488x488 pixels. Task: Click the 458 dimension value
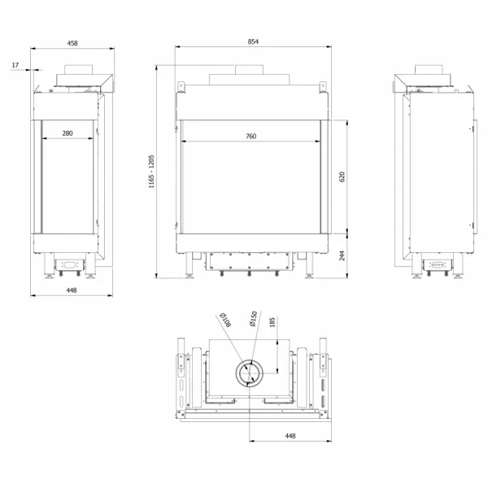click(72, 43)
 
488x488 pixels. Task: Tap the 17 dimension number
click(15, 65)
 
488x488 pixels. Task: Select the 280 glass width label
click(68, 133)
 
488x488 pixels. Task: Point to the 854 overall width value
click(253, 41)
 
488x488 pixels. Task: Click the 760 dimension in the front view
click(251, 136)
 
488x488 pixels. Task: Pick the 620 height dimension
click(342, 176)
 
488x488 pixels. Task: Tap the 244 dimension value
click(342, 255)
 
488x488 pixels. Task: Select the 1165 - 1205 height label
click(151, 172)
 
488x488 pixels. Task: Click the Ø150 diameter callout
click(253, 319)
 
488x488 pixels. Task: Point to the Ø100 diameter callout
click(225, 320)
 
